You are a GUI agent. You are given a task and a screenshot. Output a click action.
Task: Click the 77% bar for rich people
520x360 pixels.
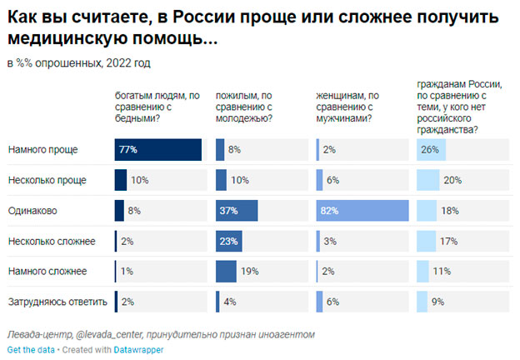[158, 149]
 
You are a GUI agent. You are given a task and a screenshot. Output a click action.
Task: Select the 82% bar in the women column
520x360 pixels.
[362, 211]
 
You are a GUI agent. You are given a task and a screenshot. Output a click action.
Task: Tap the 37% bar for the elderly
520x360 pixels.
[237, 211]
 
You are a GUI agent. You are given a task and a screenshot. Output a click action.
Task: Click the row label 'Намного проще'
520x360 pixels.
[42, 149]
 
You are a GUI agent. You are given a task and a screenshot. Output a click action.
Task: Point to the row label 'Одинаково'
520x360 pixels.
[33, 211]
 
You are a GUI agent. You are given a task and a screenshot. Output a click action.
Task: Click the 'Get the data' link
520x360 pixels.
[29, 350]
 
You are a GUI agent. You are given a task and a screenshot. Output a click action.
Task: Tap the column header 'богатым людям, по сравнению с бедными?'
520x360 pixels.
[156, 107]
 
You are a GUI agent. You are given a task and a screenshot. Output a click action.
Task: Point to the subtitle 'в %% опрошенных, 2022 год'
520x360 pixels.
[79, 63]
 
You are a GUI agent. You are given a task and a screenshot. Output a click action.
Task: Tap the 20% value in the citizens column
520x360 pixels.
[452, 180]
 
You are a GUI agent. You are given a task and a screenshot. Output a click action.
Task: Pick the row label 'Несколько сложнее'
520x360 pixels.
[51, 242]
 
